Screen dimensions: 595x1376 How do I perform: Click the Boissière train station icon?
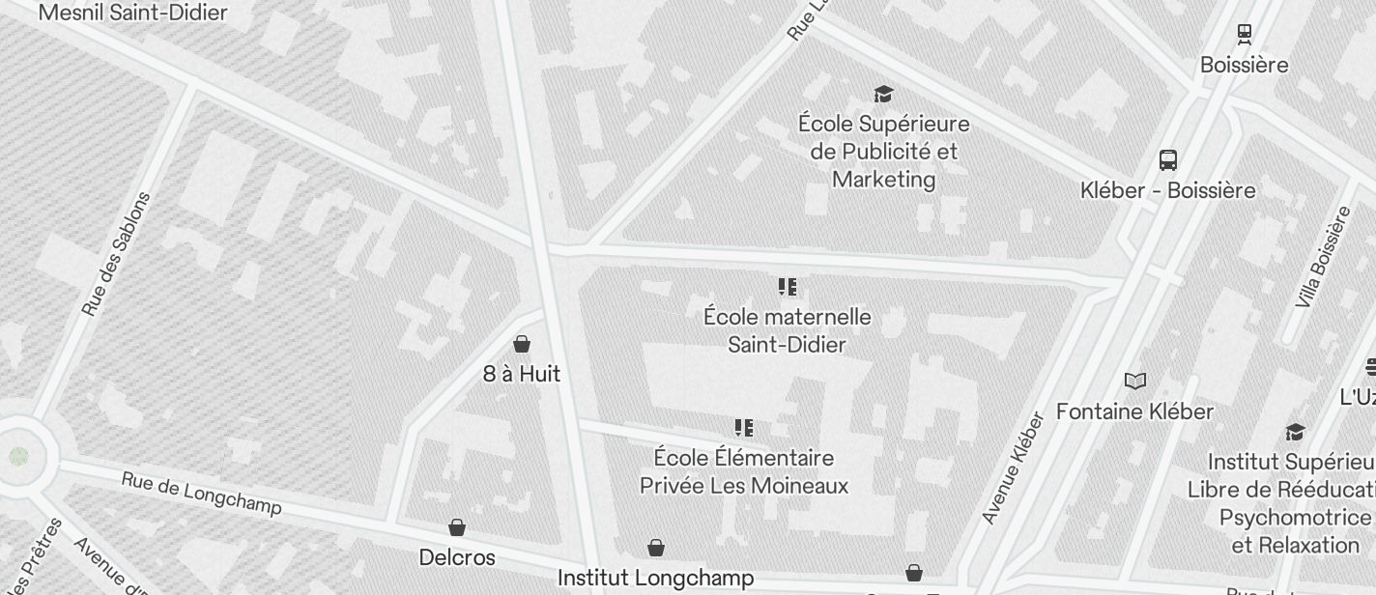[x=1245, y=35]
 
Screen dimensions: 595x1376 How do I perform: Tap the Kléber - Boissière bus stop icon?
[x=1167, y=160]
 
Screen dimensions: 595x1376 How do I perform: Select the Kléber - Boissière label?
[x=1167, y=190]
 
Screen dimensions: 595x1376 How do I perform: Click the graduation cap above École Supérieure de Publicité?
[x=883, y=94]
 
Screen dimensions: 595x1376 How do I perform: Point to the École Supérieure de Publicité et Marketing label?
[x=883, y=152]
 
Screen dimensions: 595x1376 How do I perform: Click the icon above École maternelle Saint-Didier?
[x=787, y=287]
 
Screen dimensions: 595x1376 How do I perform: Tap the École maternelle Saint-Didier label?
[x=787, y=330]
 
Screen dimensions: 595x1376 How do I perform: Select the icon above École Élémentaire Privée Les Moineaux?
[x=743, y=428]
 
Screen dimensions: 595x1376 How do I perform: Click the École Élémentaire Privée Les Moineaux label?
[x=743, y=471]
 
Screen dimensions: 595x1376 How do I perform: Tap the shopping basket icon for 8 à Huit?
[x=522, y=344]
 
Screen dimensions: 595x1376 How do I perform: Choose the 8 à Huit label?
[x=522, y=374]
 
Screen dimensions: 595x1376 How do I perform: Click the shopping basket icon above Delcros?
[x=457, y=527]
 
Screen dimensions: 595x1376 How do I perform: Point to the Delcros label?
[x=457, y=557]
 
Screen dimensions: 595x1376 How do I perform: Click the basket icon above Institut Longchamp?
[x=656, y=549]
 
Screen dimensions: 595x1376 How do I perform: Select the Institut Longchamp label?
[x=656, y=579]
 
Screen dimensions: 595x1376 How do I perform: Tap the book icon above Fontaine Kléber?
[x=1135, y=382]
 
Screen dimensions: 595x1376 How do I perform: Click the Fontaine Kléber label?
[x=1134, y=411]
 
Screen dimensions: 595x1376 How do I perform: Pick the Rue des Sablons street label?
[x=116, y=255]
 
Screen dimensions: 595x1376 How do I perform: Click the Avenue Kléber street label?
[x=1014, y=468]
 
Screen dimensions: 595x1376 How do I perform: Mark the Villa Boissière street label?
[x=1323, y=258]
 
